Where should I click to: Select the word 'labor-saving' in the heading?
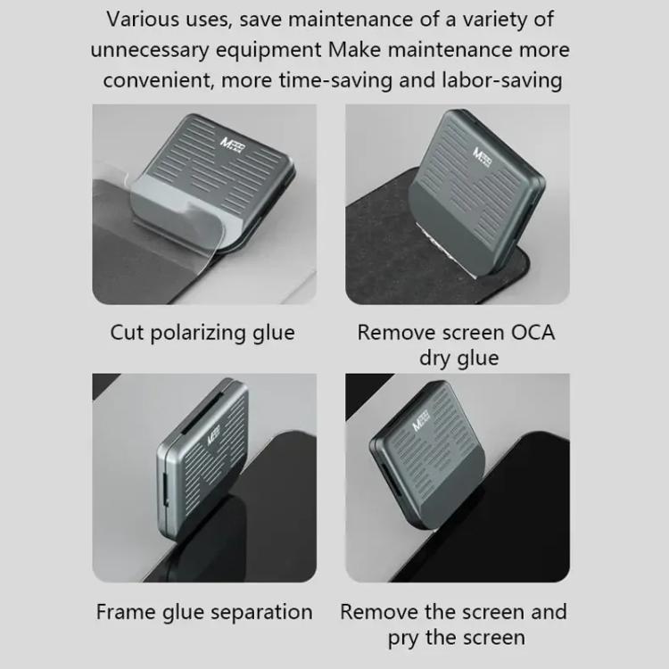(x=502, y=79)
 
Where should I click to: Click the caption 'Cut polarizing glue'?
(x=202, y=333)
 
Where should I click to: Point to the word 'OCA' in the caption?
(x=532, y=333)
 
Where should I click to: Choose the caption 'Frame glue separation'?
(x=204, y=612)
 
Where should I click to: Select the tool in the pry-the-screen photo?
(x=433, y=451)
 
